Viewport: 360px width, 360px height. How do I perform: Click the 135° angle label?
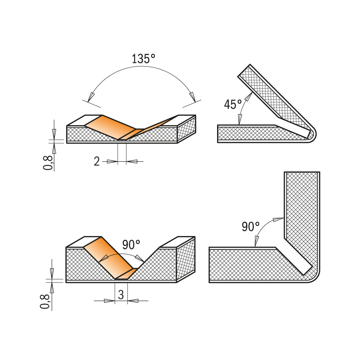pos(143,59)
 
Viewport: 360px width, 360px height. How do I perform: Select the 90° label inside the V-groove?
pos(131,245)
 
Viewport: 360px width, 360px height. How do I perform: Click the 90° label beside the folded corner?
pos(251,226)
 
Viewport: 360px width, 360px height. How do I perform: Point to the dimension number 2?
pos(96,162)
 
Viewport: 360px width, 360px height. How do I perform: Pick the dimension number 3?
pos(121,295)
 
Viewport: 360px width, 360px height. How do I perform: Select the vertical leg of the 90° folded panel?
pos(302,216)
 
